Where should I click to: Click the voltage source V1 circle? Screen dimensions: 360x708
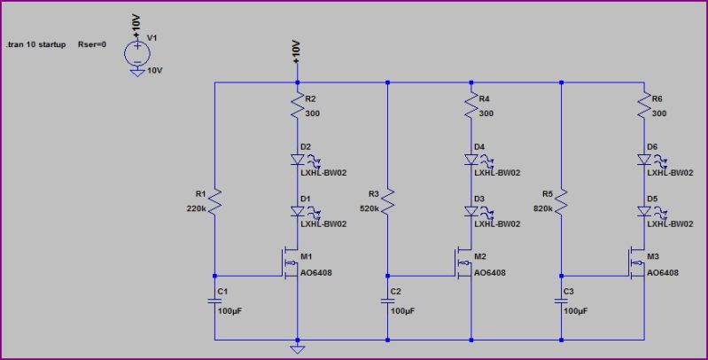136,51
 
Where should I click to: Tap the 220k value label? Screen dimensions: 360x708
197,209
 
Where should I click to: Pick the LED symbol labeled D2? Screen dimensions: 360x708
299,160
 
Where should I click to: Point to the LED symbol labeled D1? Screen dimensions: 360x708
299,211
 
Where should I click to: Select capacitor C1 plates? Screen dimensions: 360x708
215,300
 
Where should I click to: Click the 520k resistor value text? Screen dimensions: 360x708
370,209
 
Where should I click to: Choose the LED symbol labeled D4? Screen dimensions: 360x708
471,160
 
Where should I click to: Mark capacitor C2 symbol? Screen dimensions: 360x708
389,300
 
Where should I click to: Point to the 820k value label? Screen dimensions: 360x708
543,209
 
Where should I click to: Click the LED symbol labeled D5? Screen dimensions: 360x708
644,211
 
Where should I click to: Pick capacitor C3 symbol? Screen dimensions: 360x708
562,300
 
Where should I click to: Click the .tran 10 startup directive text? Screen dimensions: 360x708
36,43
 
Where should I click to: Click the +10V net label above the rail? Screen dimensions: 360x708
298,52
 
